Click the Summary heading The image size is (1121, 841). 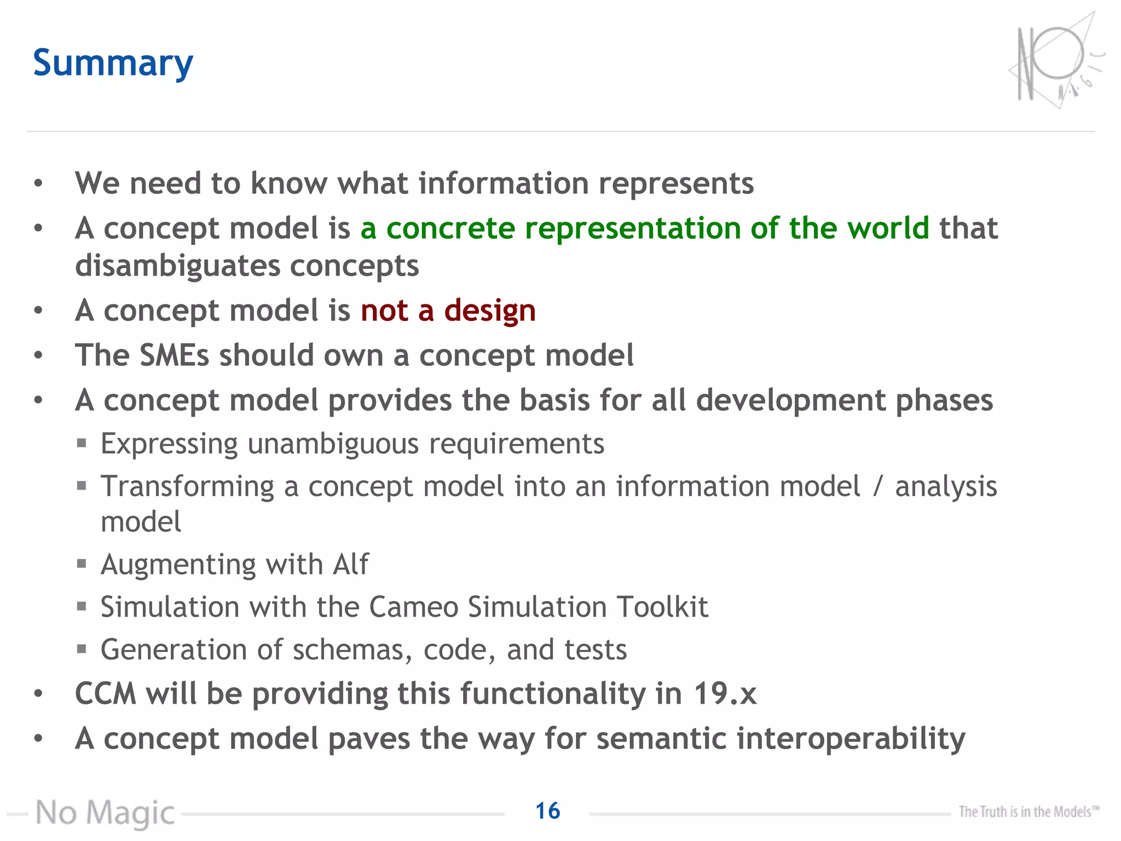113,64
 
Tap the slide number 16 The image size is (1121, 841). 547,811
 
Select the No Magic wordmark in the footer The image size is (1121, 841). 105,813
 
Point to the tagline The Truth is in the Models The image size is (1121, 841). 1028,811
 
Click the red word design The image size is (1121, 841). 490,311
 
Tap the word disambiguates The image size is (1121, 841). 177,266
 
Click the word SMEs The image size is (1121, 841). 174,355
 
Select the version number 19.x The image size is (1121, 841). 725,694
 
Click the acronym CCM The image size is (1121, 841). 105,694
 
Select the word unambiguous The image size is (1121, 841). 333,444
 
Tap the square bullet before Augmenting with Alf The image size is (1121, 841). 82,563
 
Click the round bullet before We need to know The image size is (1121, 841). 38,183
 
